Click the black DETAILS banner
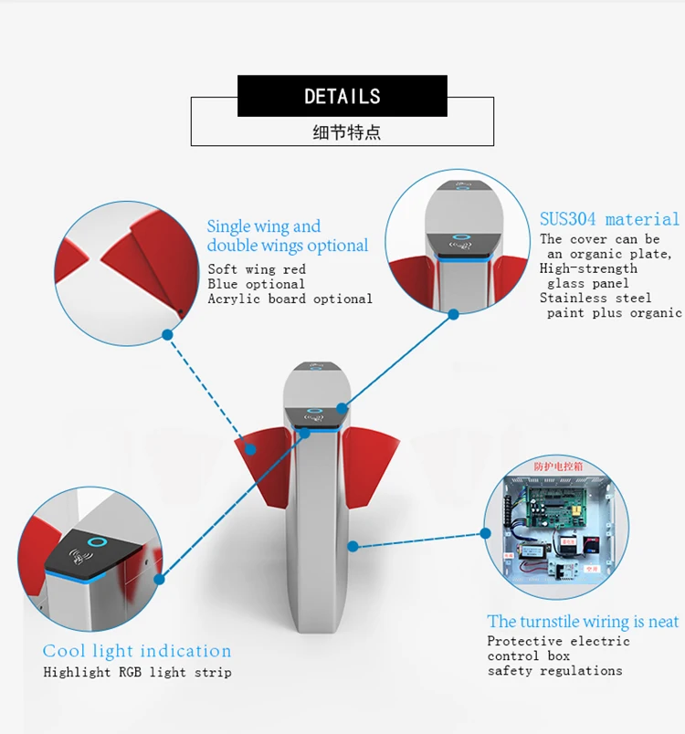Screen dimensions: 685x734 click(342, 96)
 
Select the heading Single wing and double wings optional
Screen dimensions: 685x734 click(287, 236)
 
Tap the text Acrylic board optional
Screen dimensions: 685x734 click(290, 299)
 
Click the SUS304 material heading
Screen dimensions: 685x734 click(609, 219)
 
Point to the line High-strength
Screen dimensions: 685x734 click(588, 268)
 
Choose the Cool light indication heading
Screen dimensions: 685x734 click(137, 651)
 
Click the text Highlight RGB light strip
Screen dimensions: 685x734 click(137, 673)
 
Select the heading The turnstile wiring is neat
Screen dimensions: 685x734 click(583, 622)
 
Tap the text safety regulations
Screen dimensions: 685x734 click(554, 671)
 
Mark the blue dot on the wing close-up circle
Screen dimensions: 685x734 click(167, 335)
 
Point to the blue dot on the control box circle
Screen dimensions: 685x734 click(352, 546)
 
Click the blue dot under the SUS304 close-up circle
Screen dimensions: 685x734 click(454, 314)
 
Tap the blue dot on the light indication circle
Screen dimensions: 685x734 click(159, 579)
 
